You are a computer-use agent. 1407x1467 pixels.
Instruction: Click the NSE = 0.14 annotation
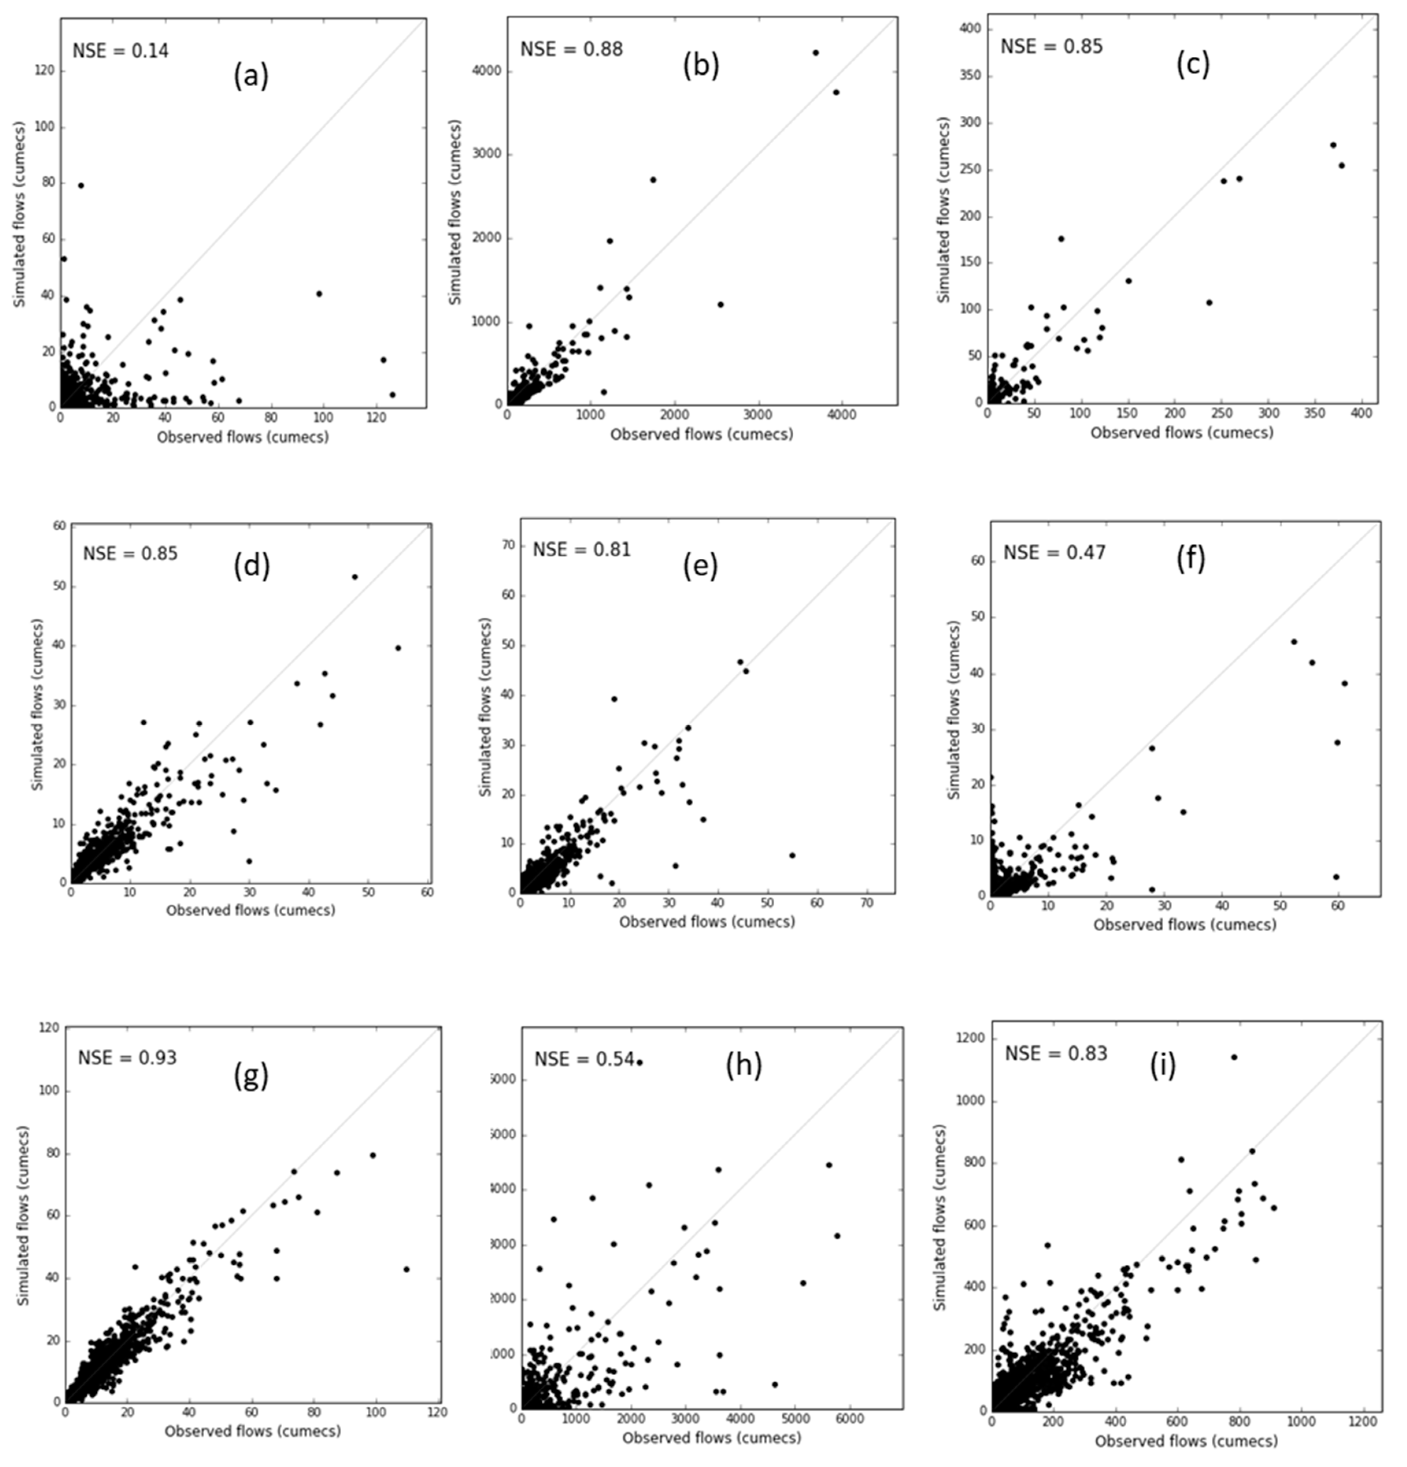pos(120,51)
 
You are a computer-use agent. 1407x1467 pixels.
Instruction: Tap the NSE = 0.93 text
pos(127,1058)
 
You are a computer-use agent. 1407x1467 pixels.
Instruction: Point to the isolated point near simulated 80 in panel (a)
pos(81,185)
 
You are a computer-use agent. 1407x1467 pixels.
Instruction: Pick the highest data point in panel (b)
pos(815,52)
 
